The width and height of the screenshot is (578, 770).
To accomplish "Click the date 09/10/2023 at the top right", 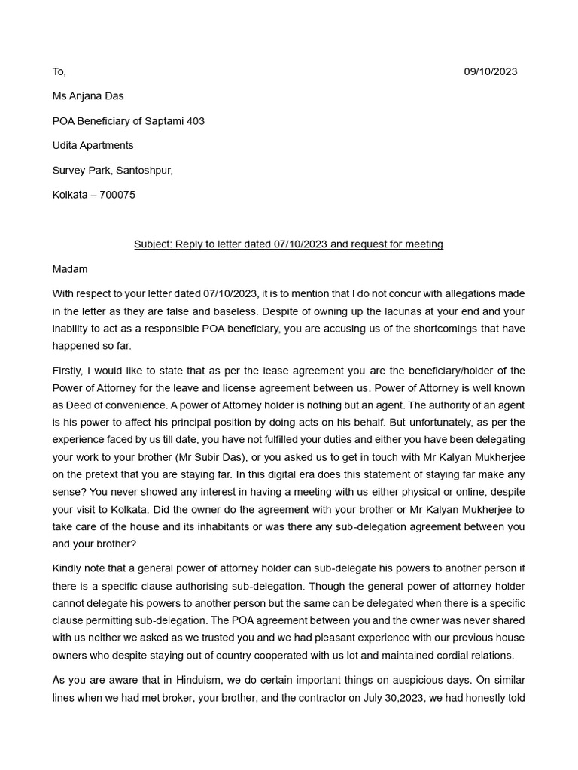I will [490, 71].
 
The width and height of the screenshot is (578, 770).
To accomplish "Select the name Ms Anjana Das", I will [87, 95].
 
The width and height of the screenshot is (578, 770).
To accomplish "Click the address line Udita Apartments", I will [93, 145].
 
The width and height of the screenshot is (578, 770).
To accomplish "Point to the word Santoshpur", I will [144, 170].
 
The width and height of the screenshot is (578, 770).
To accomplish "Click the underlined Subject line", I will [288, 244].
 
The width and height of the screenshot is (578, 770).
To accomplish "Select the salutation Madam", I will [70, 268].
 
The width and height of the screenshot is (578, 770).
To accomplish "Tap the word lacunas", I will [315, 311].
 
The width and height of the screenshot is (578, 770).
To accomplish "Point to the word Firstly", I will [69, 371].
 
